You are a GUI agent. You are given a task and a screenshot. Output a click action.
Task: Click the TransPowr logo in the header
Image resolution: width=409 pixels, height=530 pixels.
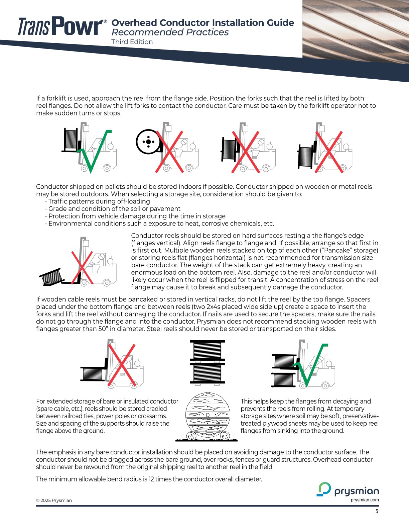pos(62,26)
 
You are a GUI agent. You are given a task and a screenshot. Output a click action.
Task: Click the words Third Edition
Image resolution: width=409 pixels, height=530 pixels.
pos(132,42)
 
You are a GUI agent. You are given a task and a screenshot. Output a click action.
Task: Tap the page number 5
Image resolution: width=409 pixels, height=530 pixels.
pos(377,511)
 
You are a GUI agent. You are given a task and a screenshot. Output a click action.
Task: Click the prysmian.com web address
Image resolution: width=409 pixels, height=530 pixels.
pos(365,500)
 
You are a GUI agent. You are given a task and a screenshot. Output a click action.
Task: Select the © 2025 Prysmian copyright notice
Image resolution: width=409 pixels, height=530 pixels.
pos(54,501)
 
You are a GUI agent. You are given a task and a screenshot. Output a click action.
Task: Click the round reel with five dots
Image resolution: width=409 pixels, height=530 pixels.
pos(148,142)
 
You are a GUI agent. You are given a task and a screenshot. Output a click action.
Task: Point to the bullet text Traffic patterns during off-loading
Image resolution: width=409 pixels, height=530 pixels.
pos(99,201)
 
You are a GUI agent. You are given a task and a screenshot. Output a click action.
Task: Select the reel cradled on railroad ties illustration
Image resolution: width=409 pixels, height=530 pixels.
pos(208,417)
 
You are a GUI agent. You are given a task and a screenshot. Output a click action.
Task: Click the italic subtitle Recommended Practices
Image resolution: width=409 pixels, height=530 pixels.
pos(170,32)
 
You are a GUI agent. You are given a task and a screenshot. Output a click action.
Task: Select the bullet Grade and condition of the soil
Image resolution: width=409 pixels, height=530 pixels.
pos(114,209)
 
